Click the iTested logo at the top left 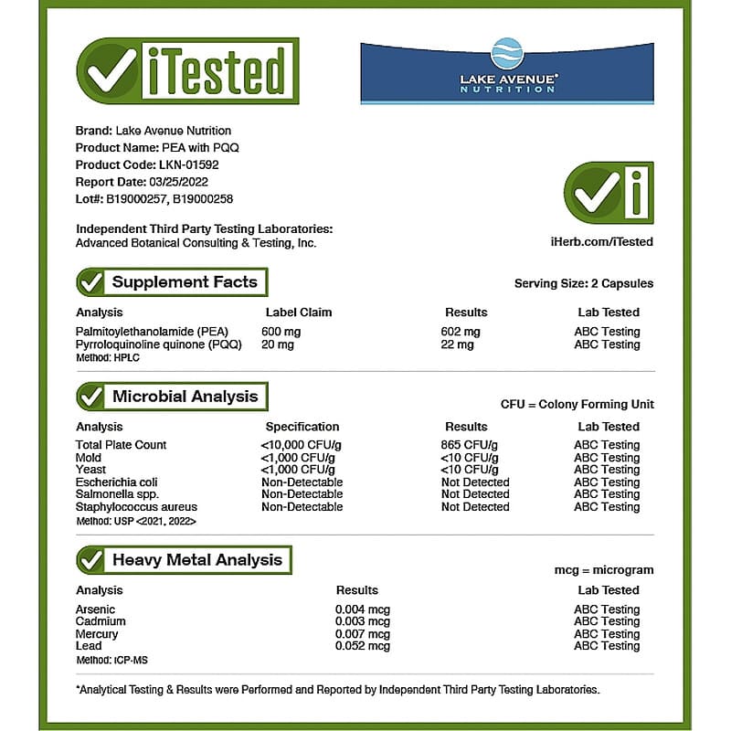pyautogui.click(x=187, y=71)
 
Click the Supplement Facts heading pyautogui.click(x=184, y=282)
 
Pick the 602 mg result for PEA pyautogui.click(x=461, y=332)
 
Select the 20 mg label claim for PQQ pyautogui.click(x=278, y=344)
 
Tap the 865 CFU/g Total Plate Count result pyautogui.click(x=470, y=445)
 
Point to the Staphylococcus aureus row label pyautogui.click(x=136, y=507)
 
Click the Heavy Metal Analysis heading pyautogui.click(x=196, y=560)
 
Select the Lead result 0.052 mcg pyautogui.click(x=363, y=646)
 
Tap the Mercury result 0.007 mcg pyautogui.click(x=363, y=634)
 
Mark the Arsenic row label pyautogui.click(x=95, y=609)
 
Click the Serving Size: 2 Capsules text pyautogui.click(x=584, y=283)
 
